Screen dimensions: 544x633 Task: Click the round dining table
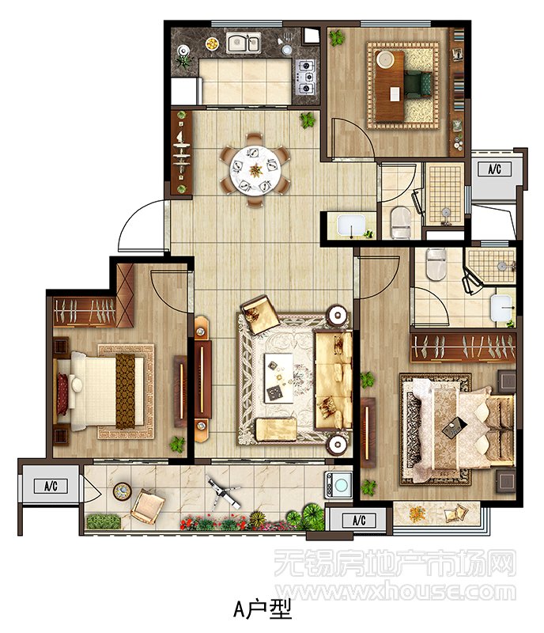pos(255,169)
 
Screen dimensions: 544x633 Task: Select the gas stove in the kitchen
pos(305,76)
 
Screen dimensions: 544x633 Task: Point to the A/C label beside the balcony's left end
pos(51,486)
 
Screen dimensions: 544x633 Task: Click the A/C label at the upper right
pos(494,169)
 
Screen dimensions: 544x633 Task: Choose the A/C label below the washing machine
pos(359,520)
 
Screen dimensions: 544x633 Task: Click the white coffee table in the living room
pos(279,378)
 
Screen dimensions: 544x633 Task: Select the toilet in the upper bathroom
pos(401,222)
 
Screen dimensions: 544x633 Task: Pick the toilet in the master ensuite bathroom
pos(436,264)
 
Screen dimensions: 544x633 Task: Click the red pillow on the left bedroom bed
pos(62,394)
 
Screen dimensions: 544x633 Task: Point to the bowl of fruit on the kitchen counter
pos(212,44)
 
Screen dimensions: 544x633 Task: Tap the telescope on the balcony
pos(222,492)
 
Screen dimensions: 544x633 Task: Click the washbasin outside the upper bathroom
pos(351,226)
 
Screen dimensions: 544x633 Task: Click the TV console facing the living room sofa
pos(202,380)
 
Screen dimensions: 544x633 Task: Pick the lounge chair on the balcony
pos(147,506)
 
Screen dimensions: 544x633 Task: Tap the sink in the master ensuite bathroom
pos(501,308)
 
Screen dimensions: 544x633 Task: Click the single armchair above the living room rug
pos(259,314)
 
